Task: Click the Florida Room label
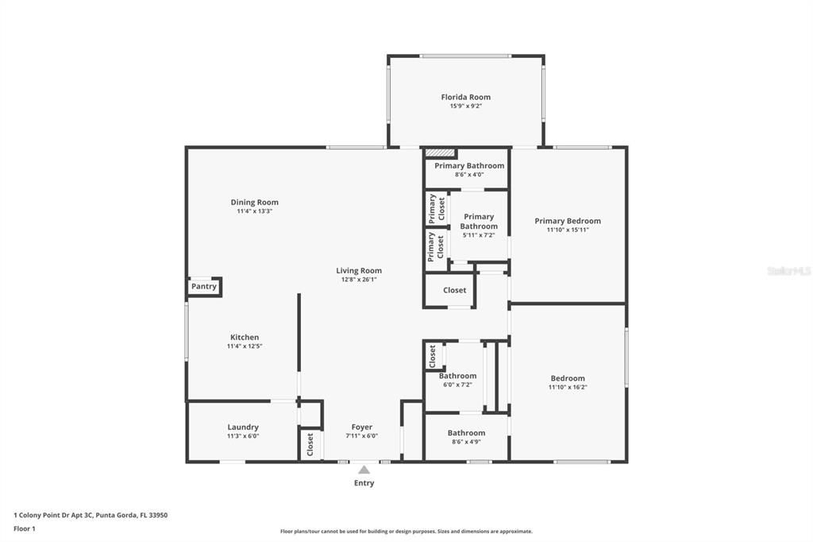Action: click(465, 97)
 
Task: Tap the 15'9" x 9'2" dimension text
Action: click(465, 106)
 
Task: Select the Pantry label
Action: click(204, 287)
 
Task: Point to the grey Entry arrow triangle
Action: click(364, 470)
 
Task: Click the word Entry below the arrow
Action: click(364, 483)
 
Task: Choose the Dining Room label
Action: click(255, 203)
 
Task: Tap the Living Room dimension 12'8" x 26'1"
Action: click(359, 279)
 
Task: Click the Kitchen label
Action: click(245, 338)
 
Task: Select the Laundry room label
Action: click(243, 428)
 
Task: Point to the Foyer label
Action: click(362, 428)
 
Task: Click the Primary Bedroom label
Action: click(568, 221)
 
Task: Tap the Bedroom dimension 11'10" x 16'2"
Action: click(568, 387)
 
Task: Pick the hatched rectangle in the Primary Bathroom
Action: click(440, 153)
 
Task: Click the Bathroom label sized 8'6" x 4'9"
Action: click(467, 433)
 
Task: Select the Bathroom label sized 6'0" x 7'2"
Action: click(458, 376)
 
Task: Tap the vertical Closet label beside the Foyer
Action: click(310, 444)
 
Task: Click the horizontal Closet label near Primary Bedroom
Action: click(455, 290)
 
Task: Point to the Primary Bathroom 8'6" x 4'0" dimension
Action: click(469, 174)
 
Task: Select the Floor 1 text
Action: click(25, 529)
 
